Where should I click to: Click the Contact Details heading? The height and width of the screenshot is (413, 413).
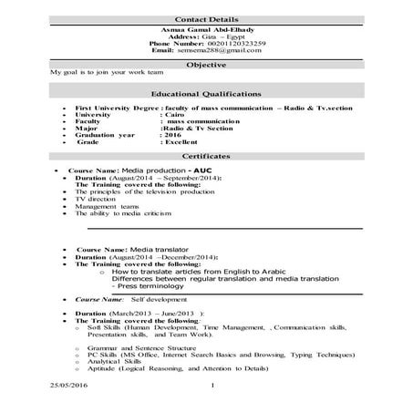[206, 18]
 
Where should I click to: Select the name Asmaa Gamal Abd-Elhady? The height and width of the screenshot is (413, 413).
[205, 29]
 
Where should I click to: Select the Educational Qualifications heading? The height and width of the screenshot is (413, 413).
[206, 94]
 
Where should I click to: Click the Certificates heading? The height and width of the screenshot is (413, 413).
[206, 156]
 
